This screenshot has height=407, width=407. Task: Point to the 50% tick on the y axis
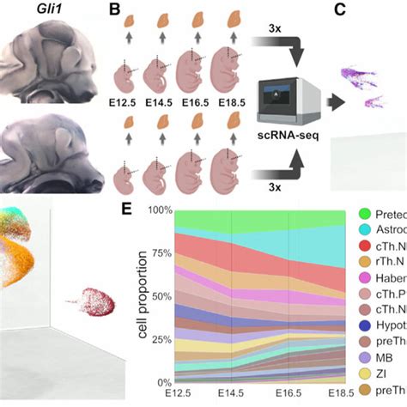(x=161, y=295)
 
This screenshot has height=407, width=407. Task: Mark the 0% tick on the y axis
(x=163, y=381)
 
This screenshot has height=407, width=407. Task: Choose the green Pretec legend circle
(x=364, y=213)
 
